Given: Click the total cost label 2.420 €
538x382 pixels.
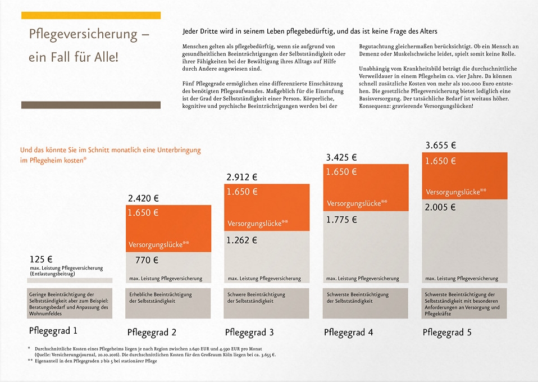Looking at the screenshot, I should pos(143,198).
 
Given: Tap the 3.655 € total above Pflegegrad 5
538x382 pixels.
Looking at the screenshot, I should pos(441,145).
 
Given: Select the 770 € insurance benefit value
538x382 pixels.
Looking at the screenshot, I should pos(147,260).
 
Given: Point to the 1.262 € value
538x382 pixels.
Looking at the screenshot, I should pos(241,240).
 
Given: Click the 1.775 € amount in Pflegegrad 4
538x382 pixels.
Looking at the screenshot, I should pos(341,220).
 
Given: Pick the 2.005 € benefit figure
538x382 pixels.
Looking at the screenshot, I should pos(440,207).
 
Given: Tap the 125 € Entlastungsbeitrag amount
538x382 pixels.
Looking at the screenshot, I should pos(41,260).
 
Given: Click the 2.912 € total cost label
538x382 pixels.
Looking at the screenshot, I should pos(241,178).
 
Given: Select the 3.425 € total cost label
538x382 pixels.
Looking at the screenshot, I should pos(341,157).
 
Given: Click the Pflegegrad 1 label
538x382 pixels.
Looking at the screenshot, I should pos(53,331).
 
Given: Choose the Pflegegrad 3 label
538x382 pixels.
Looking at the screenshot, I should pos(250,332).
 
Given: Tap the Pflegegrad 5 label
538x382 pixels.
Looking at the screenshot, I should pos(447,332).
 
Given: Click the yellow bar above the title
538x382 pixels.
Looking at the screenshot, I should pos(91,15).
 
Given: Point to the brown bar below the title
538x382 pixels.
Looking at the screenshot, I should pos(91,105).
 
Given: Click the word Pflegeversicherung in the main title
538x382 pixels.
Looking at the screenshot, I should pos(83,35).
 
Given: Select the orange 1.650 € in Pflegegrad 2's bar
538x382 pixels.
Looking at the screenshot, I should pos(143,213).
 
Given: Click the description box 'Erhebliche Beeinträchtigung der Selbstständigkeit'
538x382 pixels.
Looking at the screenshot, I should pos(168,298).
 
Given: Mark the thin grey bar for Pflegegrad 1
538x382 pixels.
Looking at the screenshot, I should pos(70,280).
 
